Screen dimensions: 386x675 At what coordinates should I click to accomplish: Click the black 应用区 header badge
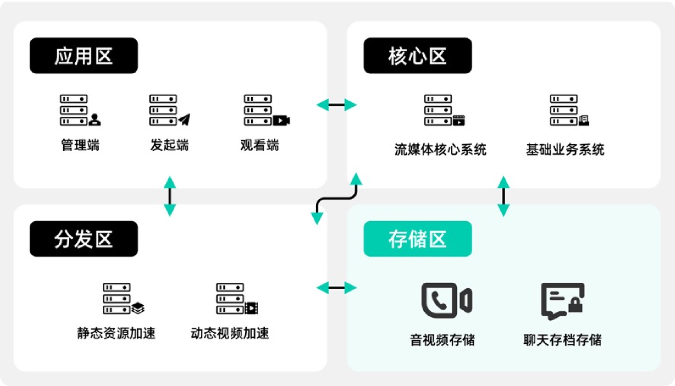(84, 56)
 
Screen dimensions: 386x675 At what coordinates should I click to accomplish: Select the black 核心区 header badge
(417, 56)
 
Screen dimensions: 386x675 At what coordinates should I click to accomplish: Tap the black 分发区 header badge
(84, 239)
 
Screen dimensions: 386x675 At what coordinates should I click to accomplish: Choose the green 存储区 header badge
(417, 239)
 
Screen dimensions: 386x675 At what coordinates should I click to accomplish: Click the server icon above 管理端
(80, 110)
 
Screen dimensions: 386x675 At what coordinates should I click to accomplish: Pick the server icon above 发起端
(169, 110)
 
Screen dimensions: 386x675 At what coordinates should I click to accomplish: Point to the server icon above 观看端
(266, 110)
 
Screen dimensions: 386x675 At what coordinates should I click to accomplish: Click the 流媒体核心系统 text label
(440, 149)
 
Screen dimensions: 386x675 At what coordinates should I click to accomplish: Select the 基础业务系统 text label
(565, 149)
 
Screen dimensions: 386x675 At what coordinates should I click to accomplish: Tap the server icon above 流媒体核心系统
(444, 110)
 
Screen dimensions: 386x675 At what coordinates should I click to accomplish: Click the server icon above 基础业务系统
(569, 110)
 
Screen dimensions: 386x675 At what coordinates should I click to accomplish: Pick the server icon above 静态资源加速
(123, 298)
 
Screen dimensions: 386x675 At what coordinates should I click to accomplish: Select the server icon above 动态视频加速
(236, 298)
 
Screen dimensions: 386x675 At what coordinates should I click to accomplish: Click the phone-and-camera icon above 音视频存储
(446, 300)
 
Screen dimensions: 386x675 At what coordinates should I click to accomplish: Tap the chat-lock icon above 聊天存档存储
(562, 301)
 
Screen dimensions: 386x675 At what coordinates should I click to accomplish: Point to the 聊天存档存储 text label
(562, 340)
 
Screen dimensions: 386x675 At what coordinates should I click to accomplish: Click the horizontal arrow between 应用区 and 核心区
(336, 105)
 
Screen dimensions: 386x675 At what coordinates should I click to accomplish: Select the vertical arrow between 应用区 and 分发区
(169, 196)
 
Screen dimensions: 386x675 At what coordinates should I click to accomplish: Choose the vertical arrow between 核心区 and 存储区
(503, 196)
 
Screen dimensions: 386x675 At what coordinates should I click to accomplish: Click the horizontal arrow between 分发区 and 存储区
(336, 288)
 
